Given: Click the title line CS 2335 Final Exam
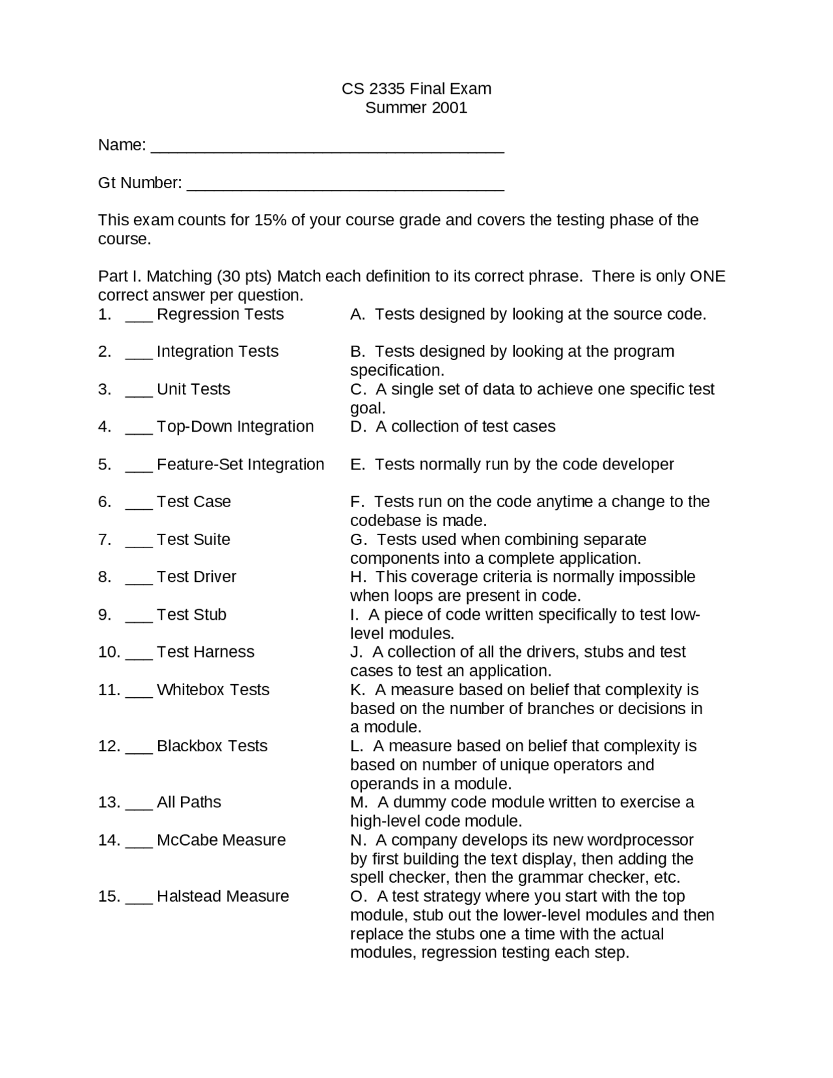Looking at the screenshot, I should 416,89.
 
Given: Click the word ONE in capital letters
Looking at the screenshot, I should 707,276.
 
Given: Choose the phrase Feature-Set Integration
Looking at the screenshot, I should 240,464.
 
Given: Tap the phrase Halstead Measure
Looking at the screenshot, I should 223,896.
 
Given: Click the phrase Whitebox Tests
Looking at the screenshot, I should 213,690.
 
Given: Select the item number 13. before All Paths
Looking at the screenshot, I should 109,802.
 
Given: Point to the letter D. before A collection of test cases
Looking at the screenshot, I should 359,426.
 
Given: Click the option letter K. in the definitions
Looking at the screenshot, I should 358,690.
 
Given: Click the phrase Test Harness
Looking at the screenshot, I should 205,652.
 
